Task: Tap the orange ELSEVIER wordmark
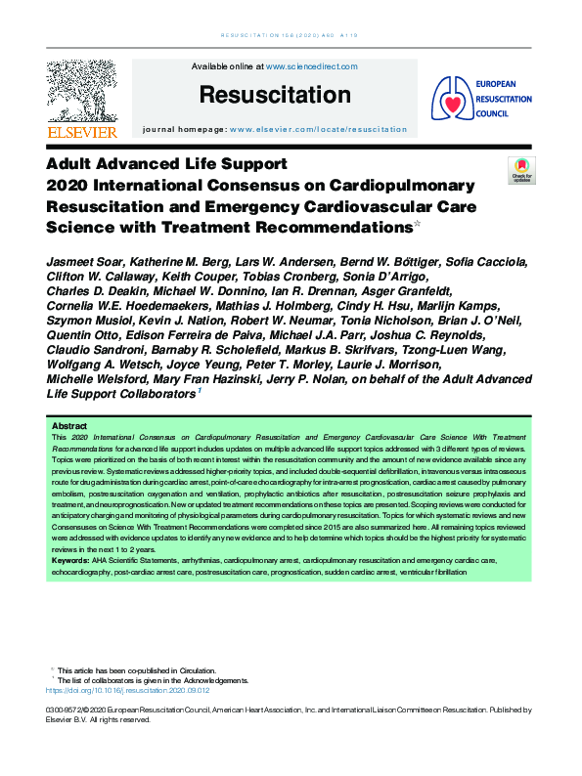tap(81, 132)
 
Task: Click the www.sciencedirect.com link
tap(312, 66)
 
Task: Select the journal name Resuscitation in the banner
tap(275, 96)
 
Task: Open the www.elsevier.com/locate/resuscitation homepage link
tap(319, 129)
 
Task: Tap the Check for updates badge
tap(521, 171)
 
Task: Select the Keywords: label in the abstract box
tap(73, 561)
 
